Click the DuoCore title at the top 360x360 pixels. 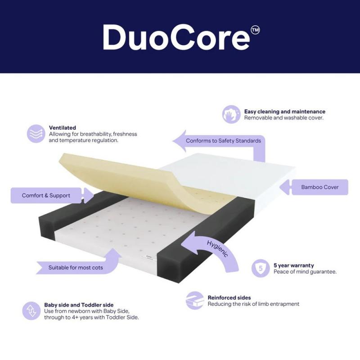176,37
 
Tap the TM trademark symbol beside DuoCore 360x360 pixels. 255,30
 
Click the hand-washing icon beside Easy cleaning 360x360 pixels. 231,114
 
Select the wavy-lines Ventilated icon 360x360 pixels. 36,134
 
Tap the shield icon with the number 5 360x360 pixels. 261,268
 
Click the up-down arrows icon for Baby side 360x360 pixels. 31,311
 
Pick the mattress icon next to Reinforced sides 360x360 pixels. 195,301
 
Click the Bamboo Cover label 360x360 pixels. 320,187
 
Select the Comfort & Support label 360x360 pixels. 46,195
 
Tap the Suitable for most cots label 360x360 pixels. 76,267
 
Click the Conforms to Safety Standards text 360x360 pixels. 223,140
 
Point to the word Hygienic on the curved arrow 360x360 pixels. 217,249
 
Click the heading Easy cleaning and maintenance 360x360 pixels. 285,112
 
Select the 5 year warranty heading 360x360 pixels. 294,265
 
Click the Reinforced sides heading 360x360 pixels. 229,297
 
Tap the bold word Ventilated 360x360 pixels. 62,128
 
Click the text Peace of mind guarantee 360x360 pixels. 305,272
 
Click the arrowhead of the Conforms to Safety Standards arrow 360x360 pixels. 180,141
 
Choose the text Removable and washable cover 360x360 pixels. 283,118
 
